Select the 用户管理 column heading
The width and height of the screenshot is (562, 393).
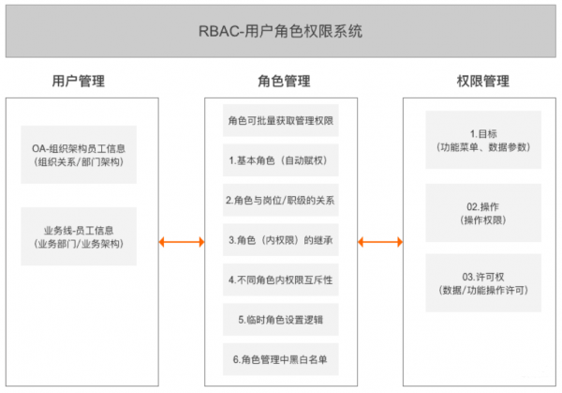[79, 82]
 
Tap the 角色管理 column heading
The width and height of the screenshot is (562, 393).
[281, 82]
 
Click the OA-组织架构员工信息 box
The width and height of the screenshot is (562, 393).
[79, 155]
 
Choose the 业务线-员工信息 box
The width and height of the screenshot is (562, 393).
[79, 236]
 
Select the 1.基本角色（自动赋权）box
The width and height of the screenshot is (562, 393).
[281, 160]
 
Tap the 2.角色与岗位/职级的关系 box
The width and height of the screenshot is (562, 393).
[281, 201]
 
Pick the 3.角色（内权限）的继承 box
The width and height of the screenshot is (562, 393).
[281, 240]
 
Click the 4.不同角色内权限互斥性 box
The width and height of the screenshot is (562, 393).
[281, 280]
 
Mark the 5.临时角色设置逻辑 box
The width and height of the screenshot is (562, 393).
[281, 319]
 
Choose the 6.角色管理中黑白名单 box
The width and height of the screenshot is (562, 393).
[281, 358]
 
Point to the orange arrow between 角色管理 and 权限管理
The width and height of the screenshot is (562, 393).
[378, 243]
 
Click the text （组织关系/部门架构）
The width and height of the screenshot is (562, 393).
[79, 162]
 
